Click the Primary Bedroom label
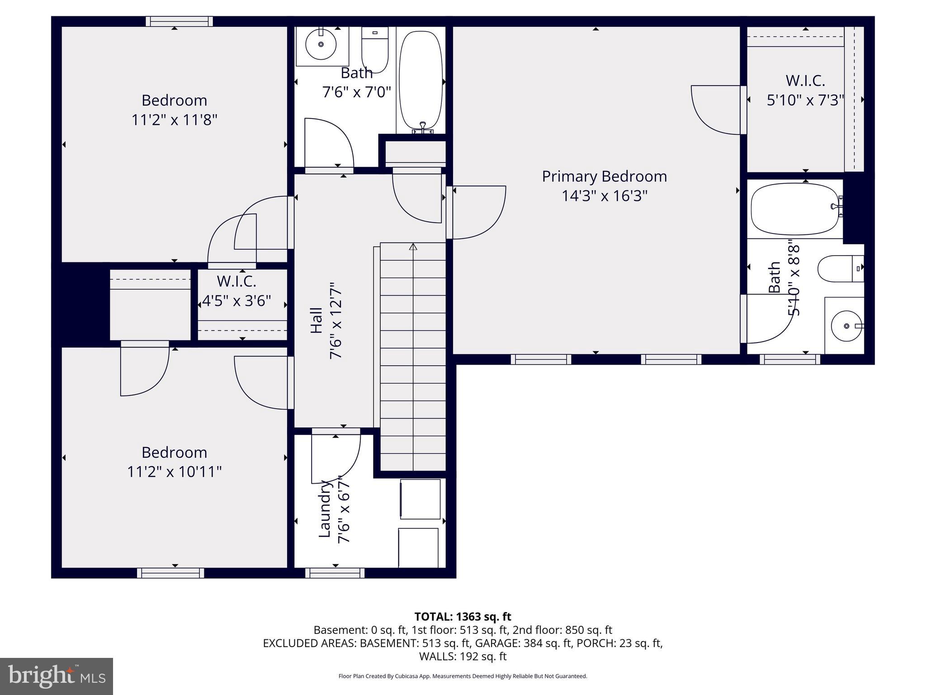click(604, 176)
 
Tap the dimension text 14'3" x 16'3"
click(604, 196)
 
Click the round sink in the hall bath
click(321, 44)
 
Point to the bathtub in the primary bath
click(794, 209)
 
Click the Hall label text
click(317, 320)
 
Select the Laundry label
click(325, 509)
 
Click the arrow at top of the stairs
click(413, 247)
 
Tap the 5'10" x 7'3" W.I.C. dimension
click(805, 100)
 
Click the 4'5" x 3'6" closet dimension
click(236, 300)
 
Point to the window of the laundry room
click(335, 573)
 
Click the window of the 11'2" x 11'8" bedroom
click(180, 21)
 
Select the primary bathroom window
click(789, 359)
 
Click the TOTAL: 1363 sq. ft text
click(463, 616)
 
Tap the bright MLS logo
click(57, 676)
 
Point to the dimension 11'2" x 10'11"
click(174, 472)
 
